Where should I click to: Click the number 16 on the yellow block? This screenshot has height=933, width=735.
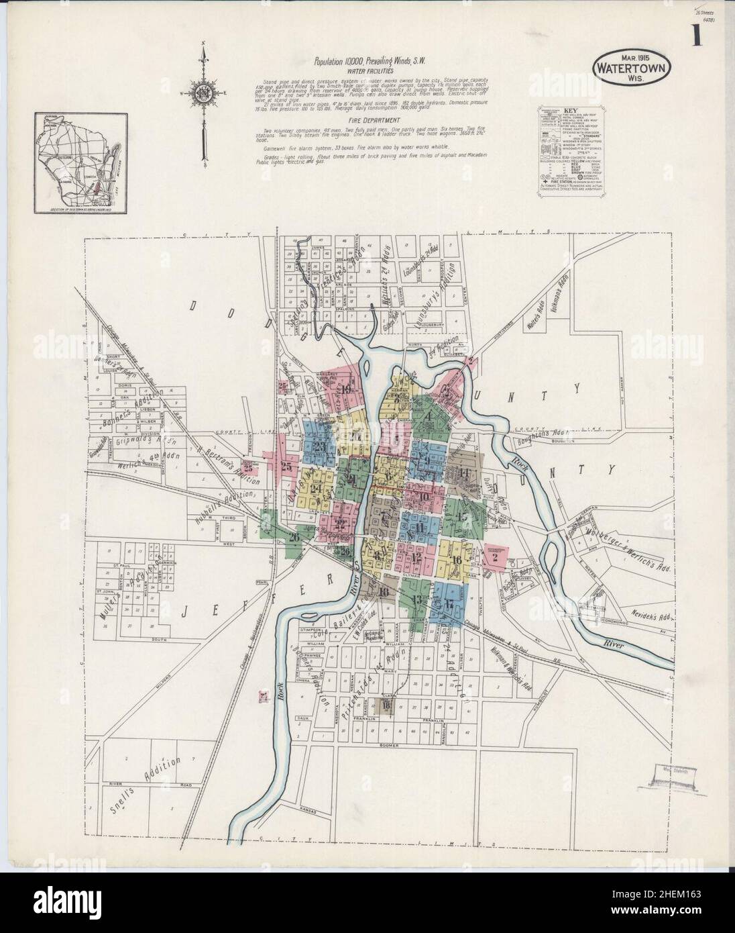[x=457, y=560]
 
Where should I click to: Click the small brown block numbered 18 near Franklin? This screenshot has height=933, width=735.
[x=386, y=705]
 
